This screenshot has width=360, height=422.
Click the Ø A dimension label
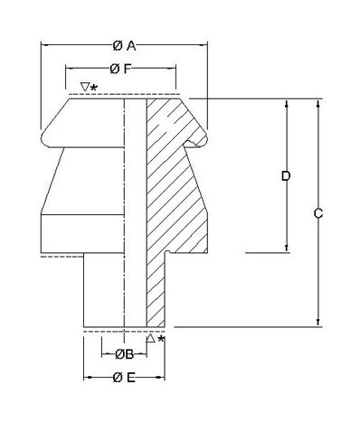(124, 46)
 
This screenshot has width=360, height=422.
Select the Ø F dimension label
(120, 69)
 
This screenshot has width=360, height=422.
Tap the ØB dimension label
(124, 354)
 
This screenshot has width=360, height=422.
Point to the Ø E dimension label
(124, 377)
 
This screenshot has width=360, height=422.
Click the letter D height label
(286, 176)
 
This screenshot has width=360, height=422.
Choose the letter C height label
(318, 213)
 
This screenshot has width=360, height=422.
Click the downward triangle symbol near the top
(85, 87)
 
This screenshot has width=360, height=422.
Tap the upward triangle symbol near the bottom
(150, 338)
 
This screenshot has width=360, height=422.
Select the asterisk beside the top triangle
(94, 88)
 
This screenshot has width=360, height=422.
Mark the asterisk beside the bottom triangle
(161, 339)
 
